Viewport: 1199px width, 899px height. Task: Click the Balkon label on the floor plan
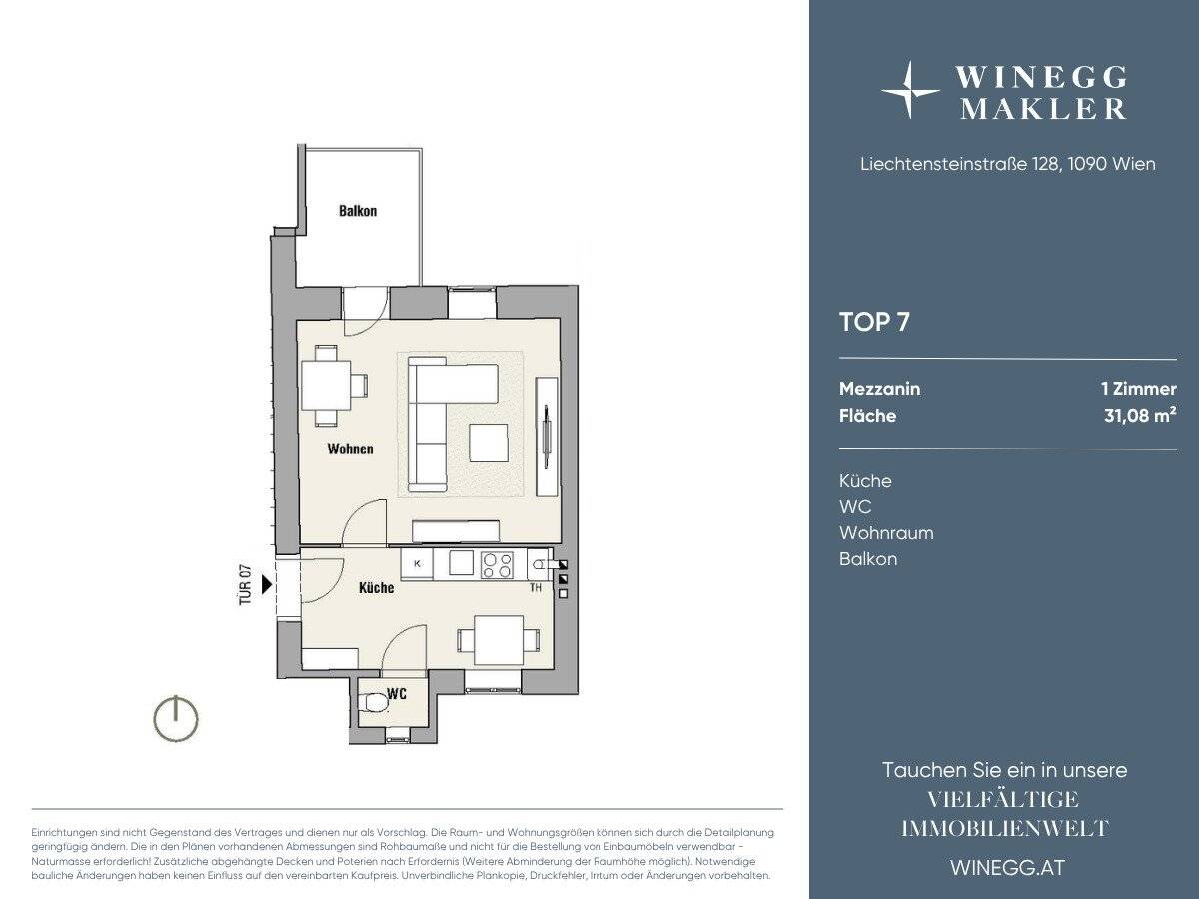tap(358, 211)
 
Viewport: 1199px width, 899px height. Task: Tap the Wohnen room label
tap(350, 449)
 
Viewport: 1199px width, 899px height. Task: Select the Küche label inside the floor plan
tap(376, 588)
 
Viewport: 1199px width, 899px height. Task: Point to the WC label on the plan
tap(397, 694)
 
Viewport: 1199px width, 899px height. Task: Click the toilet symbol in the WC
tap(373, 703)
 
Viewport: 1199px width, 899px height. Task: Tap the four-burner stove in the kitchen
tap(497, 565)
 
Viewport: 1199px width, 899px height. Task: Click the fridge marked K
tap(417, 563)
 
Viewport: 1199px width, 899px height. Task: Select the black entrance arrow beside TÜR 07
tap(267, 584)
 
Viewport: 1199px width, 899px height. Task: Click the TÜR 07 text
tap(245, 584)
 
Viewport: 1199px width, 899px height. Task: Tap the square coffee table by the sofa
tap(489, 444)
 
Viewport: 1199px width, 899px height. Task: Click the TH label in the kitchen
tap(536, 588)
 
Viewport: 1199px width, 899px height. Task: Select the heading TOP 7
tap(874, 322)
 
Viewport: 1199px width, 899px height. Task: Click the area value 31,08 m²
tap(1140, 415)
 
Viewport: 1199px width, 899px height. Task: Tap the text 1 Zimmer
tap(1139, 389)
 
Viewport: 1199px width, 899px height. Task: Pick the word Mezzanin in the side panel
tap(879, 389)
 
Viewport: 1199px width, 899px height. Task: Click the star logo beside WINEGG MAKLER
tap(910, 90)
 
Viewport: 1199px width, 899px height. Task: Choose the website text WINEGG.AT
tap(1008, 868)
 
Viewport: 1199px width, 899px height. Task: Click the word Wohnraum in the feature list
tap(886, 533)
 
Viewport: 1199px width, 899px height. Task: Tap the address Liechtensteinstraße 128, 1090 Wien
tap(1008, 164)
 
